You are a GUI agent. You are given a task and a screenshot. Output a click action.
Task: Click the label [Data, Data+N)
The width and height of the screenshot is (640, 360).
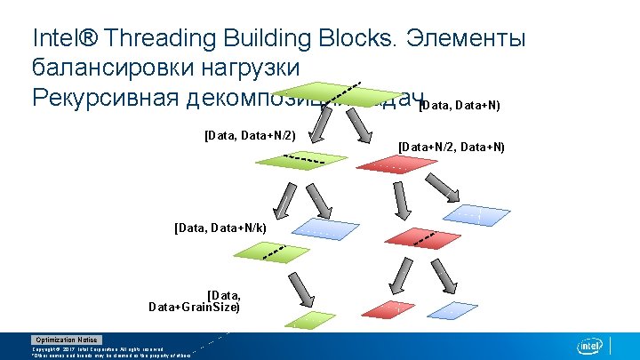click(x=460, y=106)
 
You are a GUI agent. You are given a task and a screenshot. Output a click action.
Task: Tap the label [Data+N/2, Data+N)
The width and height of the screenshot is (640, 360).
click(x=452, y=147)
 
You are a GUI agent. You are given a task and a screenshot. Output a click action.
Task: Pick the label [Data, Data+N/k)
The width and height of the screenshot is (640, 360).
click(x=226, y=228)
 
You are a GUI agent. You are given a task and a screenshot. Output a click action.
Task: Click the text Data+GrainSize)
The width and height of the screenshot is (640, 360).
click(x=194, y=307)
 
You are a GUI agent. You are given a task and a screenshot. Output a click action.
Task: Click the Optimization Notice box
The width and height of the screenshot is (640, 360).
click(x=67, y=340)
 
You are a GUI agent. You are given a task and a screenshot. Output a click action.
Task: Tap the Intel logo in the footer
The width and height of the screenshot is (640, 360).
click(x=590, y=346)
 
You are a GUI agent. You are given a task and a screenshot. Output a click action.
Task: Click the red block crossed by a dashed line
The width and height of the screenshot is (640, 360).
click(x=416, y=236)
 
